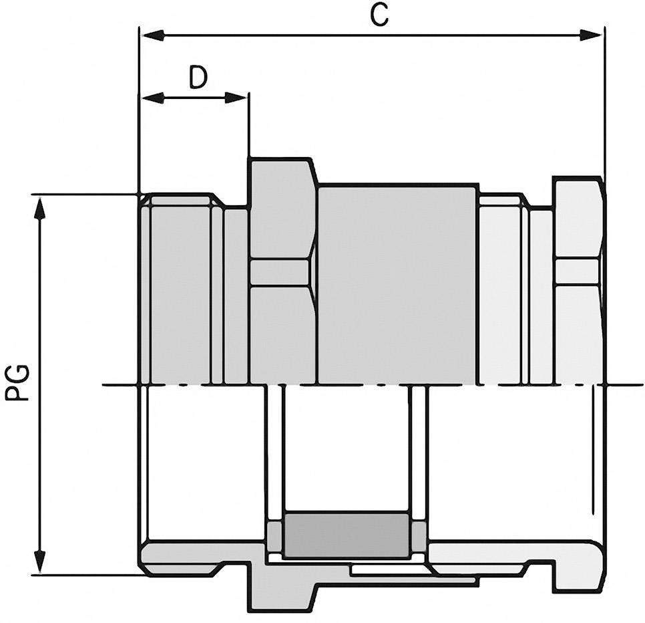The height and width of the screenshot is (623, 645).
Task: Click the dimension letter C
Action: coord(379,15)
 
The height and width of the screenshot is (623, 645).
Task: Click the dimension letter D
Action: coord(198,78)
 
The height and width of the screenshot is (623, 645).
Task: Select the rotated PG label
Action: coord(19,382)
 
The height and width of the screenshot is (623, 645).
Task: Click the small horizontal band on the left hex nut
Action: coord(279,272)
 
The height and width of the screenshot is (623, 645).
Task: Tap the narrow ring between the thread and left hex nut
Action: coord(236,294)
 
